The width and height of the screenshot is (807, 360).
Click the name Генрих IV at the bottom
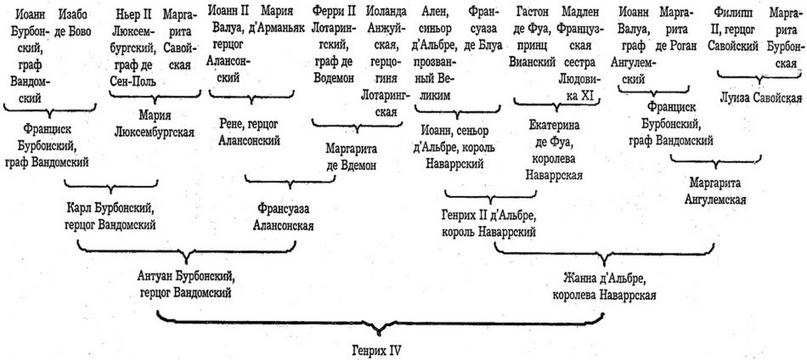[376, 350]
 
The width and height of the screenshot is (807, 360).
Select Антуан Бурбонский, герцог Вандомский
[186, 285]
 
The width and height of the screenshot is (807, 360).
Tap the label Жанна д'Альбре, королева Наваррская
[604, 287]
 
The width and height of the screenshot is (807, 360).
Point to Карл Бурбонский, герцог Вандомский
[110, 216]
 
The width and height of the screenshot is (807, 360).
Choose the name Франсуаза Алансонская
[283, 217]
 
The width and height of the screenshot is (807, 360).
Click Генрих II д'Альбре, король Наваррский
[489, 224]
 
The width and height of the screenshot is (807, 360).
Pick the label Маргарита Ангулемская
[715, 191]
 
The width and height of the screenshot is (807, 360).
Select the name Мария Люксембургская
[154, 124]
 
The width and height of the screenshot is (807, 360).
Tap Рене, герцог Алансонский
[249, 132]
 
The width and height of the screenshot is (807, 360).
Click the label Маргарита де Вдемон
[351, 157]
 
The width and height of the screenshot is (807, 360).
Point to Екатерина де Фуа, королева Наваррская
[554, 150]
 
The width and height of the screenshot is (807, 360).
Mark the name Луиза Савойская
[761, 98]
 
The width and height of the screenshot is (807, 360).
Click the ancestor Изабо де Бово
[73, 23]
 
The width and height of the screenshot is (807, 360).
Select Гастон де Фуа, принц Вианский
[532, 37]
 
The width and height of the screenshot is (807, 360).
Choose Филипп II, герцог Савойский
[733, 29]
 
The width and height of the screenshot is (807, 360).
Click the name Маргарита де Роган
[676, 30]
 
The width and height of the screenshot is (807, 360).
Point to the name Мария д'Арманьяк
[277, 19]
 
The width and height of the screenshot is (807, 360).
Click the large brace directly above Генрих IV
[380, 322]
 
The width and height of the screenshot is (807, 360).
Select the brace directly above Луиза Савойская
[759, 78]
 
